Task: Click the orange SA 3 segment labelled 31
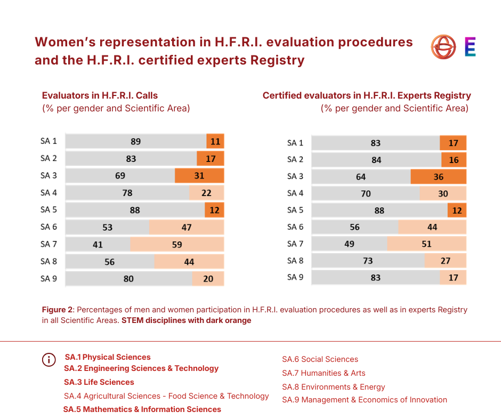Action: coord(199,176)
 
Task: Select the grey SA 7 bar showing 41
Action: coord(98,245)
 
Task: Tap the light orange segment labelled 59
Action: coord(177,245)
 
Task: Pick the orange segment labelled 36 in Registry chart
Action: coord(438,177)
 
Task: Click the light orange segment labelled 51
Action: coord(426,244)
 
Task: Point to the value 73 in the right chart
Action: coord(368,261)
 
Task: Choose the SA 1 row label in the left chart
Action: coord(49,141)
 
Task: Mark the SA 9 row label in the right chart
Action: coord(295,277)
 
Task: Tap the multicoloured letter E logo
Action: coord(470,47)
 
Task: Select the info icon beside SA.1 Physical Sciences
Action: coord(49,360)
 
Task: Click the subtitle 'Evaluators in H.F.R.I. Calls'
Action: coord(100,96)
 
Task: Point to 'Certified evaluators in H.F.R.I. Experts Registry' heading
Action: coord(367,96)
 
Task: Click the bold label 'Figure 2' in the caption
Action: coord(57,310)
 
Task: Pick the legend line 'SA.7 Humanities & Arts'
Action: coord(324,373)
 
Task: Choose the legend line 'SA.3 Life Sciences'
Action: coord(99,382)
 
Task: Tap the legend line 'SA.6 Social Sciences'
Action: coord(320,359)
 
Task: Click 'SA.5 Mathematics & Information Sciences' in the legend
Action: coord(142,409)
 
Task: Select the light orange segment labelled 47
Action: coord(186,228)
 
